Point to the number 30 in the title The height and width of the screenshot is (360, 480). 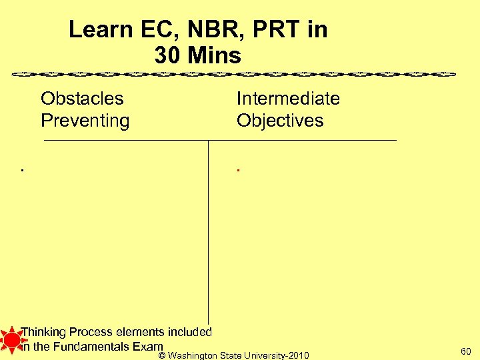pyautogui.click(x=167, y=55)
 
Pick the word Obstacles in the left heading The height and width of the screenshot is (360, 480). pyautogui.click(x=82, y=99)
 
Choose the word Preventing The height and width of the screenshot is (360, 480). pyautogui.click(x=85, y=121)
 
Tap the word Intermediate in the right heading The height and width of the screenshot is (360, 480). pyautogui.click(x=288, y=99)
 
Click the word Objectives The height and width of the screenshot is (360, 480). pyautogui.click(x=280, y=121)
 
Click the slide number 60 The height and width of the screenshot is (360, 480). pyautogui.click(x=465, y=351)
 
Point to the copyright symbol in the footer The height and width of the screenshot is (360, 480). pyautogui.click(x=162, y=355)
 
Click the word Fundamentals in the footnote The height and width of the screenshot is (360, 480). pyautogui.click(x=93, y=346)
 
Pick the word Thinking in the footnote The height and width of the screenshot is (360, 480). pyautogui.click(x=43, y=332)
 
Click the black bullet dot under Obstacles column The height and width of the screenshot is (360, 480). pyautogui.click(x=22, y=171)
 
